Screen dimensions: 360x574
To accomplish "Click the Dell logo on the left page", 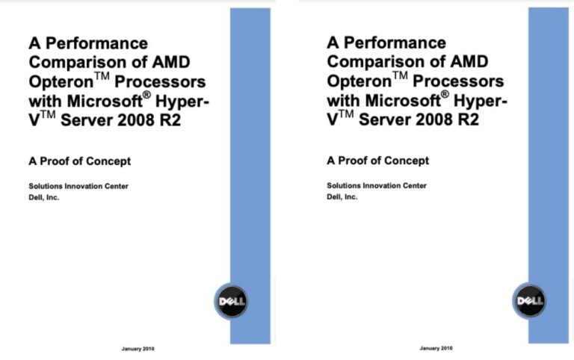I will pyautogui.click(x=232, y=302).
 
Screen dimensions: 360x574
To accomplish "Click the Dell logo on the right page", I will pyautogui.click(x=530, y=302).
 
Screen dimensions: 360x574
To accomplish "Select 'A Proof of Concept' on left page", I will pyautogui.click(x=80, y=161).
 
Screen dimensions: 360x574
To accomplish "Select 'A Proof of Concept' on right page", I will pyautogui.click(x=378, y=161).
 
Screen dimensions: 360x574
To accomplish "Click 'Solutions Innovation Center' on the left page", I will pyautogui.click(x=78, y=186).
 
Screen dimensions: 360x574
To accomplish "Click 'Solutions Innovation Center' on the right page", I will pyautogui.click(x=377, y=186).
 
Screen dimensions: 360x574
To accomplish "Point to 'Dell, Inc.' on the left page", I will pyautogui.click(x=43, y=198).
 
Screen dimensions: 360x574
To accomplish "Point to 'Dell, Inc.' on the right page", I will pyautogui.click(x=342, y=198).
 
